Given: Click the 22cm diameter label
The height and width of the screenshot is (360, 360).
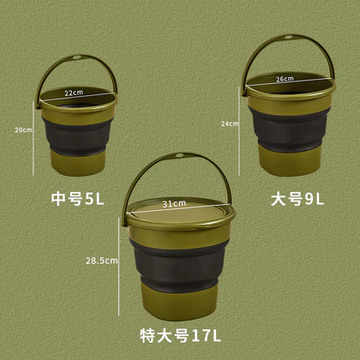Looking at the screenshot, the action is coord(74,93).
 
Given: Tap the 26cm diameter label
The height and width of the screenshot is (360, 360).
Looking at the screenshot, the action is coord(285,79).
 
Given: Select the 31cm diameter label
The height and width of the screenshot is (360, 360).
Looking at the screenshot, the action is coord(174,204).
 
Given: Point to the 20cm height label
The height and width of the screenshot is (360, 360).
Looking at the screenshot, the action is coord(23,129).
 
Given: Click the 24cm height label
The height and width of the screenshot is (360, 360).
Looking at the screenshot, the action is coord(230,123).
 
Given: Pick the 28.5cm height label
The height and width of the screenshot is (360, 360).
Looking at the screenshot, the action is coord(102,261).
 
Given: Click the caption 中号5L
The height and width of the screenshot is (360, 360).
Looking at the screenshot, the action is coord(77,199).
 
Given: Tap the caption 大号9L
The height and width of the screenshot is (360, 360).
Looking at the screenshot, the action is coord(297,199).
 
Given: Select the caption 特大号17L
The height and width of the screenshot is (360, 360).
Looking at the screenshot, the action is coord(180,335).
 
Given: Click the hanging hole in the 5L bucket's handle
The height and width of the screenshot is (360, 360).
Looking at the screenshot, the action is coord(77,57).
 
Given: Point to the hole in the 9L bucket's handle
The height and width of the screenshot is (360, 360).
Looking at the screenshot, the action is coord(288,37).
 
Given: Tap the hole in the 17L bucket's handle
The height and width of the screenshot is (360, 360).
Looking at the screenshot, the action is coord(180,155).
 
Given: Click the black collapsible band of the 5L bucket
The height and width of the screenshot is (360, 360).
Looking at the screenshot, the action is coord(76,136).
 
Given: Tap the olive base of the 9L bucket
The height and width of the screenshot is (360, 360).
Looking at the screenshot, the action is coord(289,160).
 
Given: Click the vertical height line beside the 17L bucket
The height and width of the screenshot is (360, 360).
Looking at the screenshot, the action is coord(119,267).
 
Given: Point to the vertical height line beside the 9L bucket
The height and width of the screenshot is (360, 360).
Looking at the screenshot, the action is coord(239,131).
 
